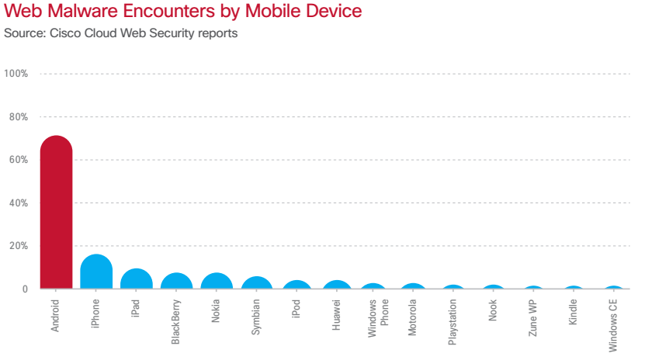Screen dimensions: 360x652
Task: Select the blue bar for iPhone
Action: [96, 272]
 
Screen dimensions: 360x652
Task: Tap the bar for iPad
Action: [137, 279]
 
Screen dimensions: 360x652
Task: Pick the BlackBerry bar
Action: [177, 282]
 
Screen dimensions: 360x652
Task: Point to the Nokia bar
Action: [217, 282]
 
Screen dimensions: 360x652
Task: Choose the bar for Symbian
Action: [257, 283]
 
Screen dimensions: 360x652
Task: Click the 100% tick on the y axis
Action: [16, 74]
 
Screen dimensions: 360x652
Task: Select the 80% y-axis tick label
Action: [18, 117]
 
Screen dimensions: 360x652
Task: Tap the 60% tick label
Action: [18, 160]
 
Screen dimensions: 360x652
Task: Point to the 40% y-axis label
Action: [18, 203]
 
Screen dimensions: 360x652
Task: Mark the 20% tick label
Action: [18, 246]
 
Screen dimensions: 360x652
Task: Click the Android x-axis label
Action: [55, 315]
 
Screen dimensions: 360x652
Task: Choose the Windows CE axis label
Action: [613, 326]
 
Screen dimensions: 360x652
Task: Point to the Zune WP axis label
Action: [532, 317]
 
